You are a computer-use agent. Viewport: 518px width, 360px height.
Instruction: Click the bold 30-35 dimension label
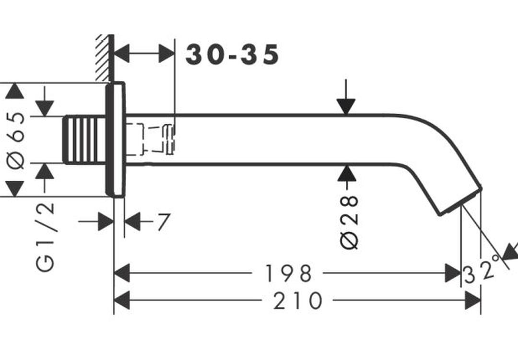pyautogui.click(x=232, y=55)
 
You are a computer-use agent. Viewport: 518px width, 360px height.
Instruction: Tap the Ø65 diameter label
pyautogui.click(x=16, y=141)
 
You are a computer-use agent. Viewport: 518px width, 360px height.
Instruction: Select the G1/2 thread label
pyautogui.click(x=45, y=237)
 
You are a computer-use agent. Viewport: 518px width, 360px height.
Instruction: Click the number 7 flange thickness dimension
pyautogui.click(x=164, y=221)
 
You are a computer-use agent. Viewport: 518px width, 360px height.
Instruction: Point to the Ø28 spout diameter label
pyautogui.click(x=349, y=222)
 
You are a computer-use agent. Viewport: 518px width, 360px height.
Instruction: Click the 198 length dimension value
pyautogui.click(x=288, y=273)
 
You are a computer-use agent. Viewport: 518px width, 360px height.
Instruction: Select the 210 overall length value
pyautogui.click(x=298, y=301)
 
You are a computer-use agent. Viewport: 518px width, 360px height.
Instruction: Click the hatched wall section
pyautogui.click(x=103, y=58)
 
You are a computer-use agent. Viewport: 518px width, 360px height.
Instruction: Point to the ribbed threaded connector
pyautogui.click(x=84, y=139)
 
